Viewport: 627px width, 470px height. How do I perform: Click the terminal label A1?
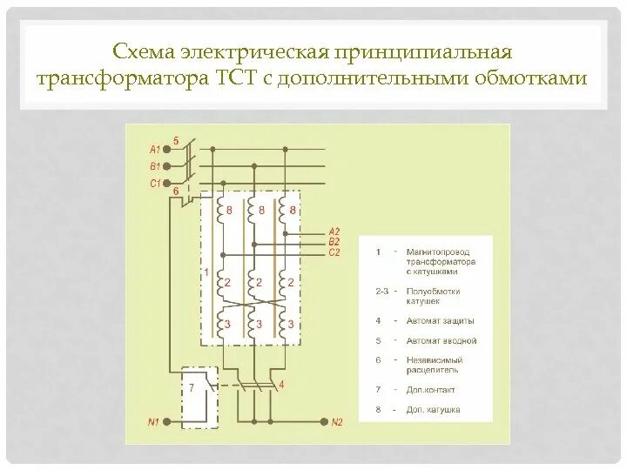pyautogui.click(x=156, y=149)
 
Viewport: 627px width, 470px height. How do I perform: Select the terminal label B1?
pyautogui.click(x=156, y=165)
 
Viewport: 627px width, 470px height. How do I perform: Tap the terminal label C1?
pyautogui.click(x=156, y=183)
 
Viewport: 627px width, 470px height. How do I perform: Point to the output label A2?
pyautogui.click(x=334, y=232)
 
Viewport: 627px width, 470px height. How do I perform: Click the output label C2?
pyautogui.click(x=334, y=252)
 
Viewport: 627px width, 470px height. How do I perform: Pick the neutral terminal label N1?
pyautogui.click(x=153, y=422)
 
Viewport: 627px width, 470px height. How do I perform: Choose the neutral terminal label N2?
pyautogui.click(x=337, y=422)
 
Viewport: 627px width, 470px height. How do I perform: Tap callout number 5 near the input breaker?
pyautogui.click(x=176, y=140)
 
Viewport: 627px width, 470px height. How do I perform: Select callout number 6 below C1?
pyautogui.click(x=176, y=191)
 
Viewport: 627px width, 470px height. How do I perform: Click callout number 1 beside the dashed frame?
pyautogui.click(x=206, y=273)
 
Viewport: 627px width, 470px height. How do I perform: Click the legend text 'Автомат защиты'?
pyautogui.click(x=435, y=320)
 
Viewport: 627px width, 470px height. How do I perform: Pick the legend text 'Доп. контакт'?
pyautogui.click(x=430, y=389)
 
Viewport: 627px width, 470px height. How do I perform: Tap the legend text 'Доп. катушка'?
pyautogui.click(x=433, y=409)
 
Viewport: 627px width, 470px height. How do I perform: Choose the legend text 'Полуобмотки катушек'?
pyautogui.click(x=432, y=296)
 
